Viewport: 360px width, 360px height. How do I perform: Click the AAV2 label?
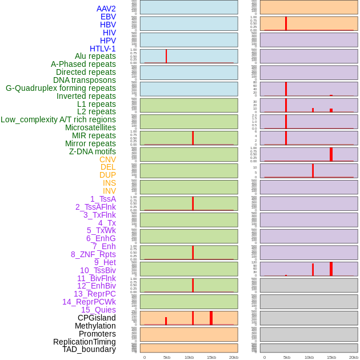pyautogui.click(x=106, y=9)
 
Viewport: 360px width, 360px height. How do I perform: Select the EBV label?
pyautogui.click(x=108, y=17)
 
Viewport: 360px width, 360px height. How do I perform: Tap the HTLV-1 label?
pyautogui.click(x=102, y=49)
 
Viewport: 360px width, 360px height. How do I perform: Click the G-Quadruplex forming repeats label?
pyautogui.click(x=61, y=88)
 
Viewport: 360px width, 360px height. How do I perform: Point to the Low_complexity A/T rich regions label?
pyautogui.click(x=58, y=119)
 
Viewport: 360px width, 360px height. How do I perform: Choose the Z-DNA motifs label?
pyautogui.click(x=93, y=151)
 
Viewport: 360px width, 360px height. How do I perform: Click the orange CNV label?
pyautogui.click(x=107, y=159)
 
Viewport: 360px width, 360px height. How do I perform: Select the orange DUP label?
pyautogui.click(x=107, y=175)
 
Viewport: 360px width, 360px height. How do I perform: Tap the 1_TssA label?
pyautogui.click(x=103, y=199)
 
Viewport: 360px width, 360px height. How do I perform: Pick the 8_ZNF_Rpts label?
pyautogui.click(x=93, y=254)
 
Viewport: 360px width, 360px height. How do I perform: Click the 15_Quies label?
pyautogui.click(x=98, y=310)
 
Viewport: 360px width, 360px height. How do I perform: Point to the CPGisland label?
pyautogui.click(x=97, y=318)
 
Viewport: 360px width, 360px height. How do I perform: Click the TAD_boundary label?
pyautogui.click(x=89, y=349)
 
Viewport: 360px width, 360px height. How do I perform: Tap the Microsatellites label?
pyautogui.click(x=90, y=127)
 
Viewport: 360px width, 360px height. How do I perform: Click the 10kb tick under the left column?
pyautogui.click(x=189, y=357)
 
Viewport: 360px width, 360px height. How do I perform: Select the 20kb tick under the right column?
pyautogui.click(x=354, y=357)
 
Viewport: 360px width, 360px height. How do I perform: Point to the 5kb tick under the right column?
pyautogui.click(x=286, y=357)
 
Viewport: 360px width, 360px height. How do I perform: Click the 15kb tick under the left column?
pyautogui.click(x=211, y=357)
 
